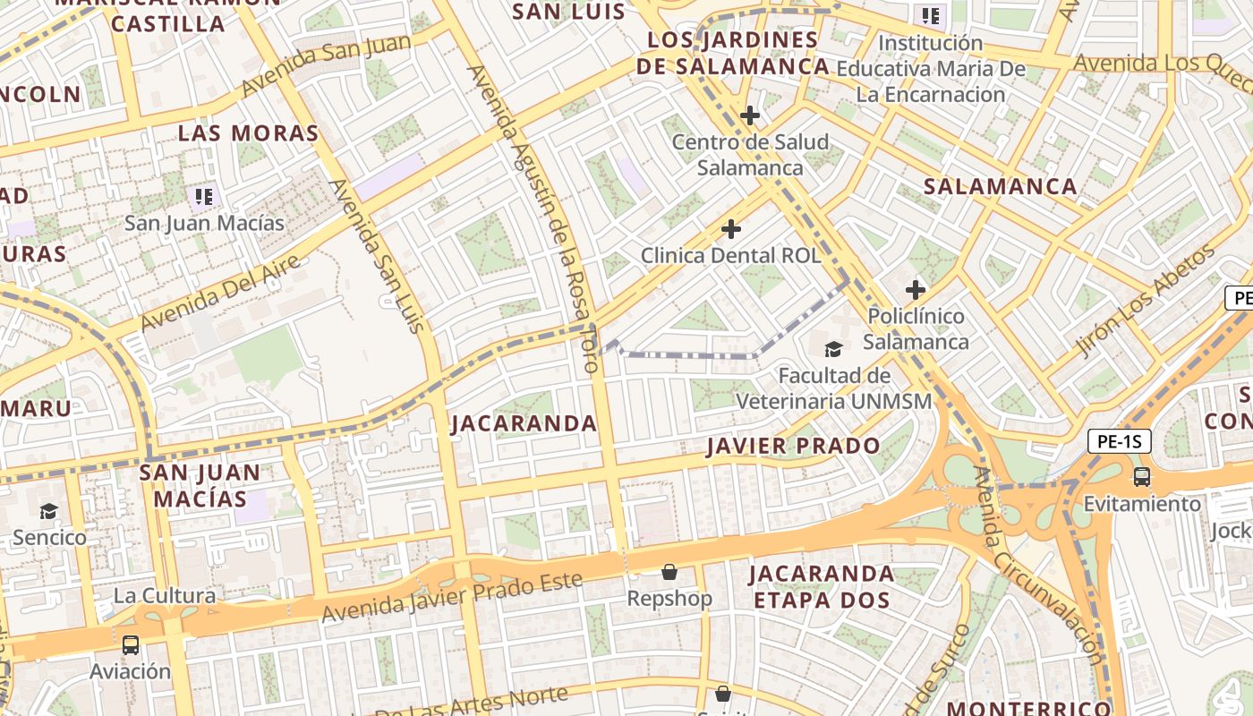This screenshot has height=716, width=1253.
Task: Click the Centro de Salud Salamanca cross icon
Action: (750, 115)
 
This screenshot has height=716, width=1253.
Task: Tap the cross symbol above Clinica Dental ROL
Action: (731, 229)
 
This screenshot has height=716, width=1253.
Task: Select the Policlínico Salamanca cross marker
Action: (915, 289)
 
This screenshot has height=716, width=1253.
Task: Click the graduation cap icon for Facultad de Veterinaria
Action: (833, 349)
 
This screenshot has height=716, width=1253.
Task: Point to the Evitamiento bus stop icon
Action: (1142, 476)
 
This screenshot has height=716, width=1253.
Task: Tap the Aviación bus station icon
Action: (131, 644)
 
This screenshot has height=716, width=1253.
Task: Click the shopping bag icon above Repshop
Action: (669, 572)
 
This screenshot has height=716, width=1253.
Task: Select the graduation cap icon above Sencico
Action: (48, 511)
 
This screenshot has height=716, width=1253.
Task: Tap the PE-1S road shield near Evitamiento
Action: (1120, 441)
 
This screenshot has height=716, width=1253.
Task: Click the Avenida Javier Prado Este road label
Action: (452, 599)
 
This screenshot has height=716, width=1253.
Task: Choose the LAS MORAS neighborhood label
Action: (248, 133)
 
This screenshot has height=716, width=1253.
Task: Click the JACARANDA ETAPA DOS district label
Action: (821, 586)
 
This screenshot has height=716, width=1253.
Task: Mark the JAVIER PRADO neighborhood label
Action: (793, 446)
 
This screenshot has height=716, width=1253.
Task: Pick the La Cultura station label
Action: (164, 595)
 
